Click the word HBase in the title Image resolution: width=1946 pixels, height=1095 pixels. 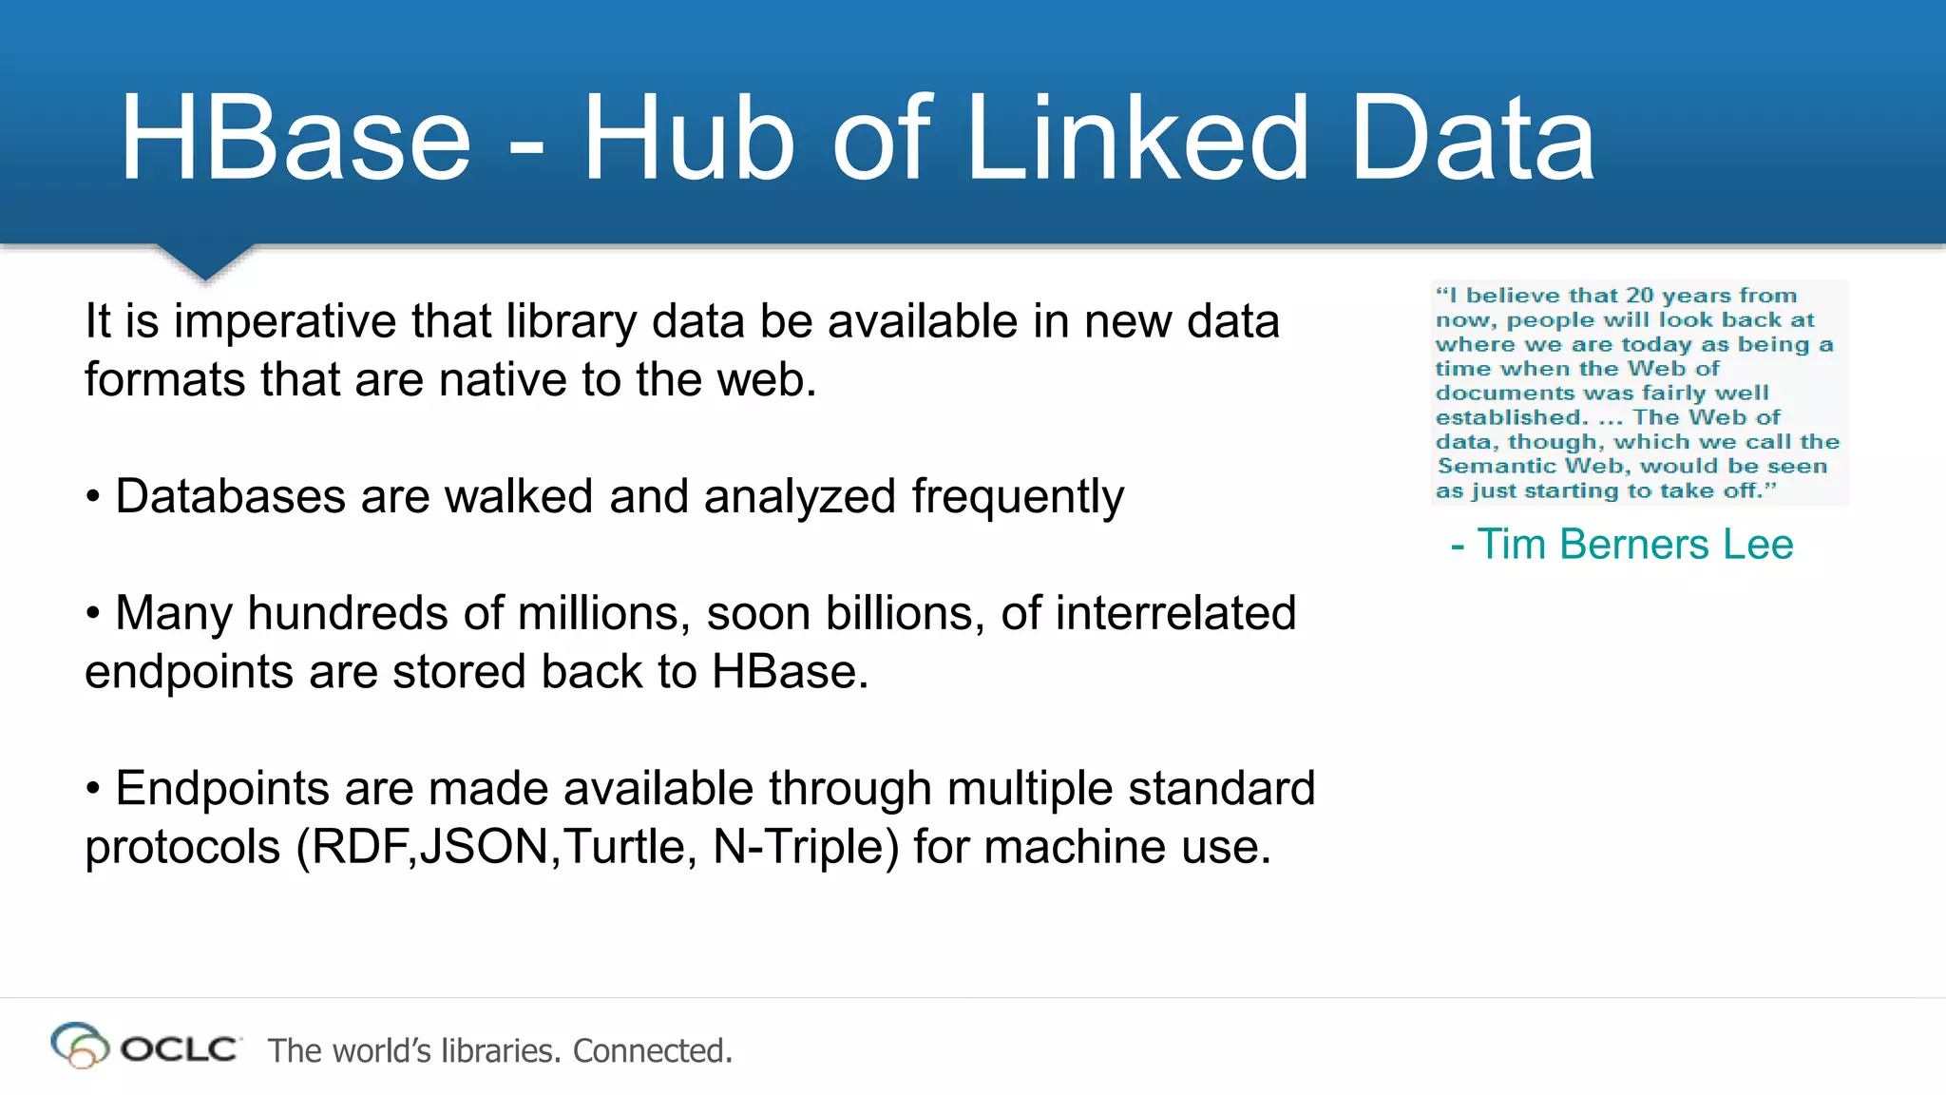[x=296, y=139]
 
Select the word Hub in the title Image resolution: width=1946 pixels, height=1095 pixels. [x=688, y=139]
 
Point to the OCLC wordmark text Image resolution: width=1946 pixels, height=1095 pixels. [x=179, y=1049]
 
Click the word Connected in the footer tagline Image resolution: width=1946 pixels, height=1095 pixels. [x=652, y=1051]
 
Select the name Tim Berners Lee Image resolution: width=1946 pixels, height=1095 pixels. [x=1634, y=545]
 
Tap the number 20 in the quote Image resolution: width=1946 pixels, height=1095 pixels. [x=1639, y=296]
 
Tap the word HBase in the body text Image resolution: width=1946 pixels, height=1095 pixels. [x=790, y=672]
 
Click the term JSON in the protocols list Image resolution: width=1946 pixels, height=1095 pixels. [x=485, y=847]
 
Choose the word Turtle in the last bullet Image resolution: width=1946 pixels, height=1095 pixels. [x=625, y=847]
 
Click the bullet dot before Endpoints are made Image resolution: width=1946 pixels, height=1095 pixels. [x=93, y=789]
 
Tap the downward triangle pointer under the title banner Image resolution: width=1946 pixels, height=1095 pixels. [x=204, y=260]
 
